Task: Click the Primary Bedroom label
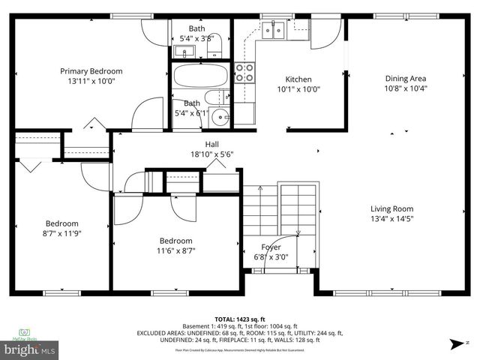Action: point(91,71)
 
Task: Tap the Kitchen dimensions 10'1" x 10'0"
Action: point(298,88)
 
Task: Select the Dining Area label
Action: point(406,78)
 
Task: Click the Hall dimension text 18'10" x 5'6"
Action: point(211,154)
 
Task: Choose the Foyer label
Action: point(271,247)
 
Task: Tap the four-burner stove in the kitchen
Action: point(244,72)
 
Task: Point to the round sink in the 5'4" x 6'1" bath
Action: point(220,116)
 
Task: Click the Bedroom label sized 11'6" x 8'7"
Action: point(175,241)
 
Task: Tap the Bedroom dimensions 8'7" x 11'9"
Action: point(61,232)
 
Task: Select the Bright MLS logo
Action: point(31,349)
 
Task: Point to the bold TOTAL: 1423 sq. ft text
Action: point(240,319)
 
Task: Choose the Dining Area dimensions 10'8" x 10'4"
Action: point(406,88)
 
